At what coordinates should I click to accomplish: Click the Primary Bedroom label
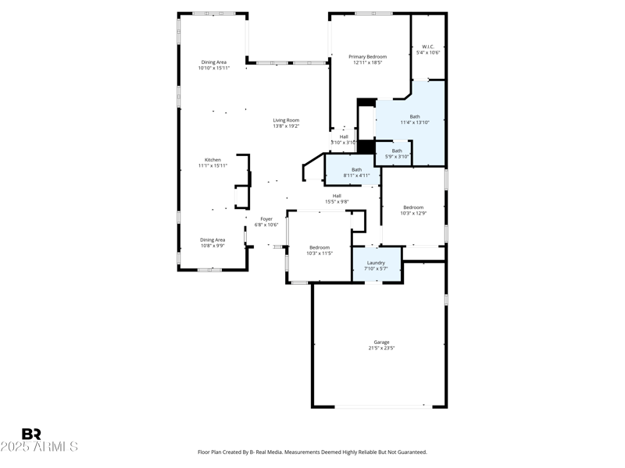[x=367, y=57]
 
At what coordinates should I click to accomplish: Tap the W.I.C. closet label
[x=428, y=47]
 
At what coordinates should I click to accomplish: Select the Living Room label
[x=286, y=120]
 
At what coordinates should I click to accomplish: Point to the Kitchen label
[x=213, y=160]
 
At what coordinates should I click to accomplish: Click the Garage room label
[x=381, y=342]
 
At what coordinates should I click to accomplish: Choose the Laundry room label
[x=376, y=263]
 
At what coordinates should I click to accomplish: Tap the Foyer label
[x=266, y=219]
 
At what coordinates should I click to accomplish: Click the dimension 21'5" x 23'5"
[x=381, y=348]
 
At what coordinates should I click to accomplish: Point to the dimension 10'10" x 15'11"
[x=213, y=68]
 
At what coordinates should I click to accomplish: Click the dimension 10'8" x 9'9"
[x=212, y=246]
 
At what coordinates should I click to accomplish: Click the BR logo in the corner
[x=31, y=434]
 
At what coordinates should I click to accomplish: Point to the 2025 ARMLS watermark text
[x=39, y=447]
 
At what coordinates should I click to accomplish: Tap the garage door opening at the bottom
[x=380, y=406]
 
